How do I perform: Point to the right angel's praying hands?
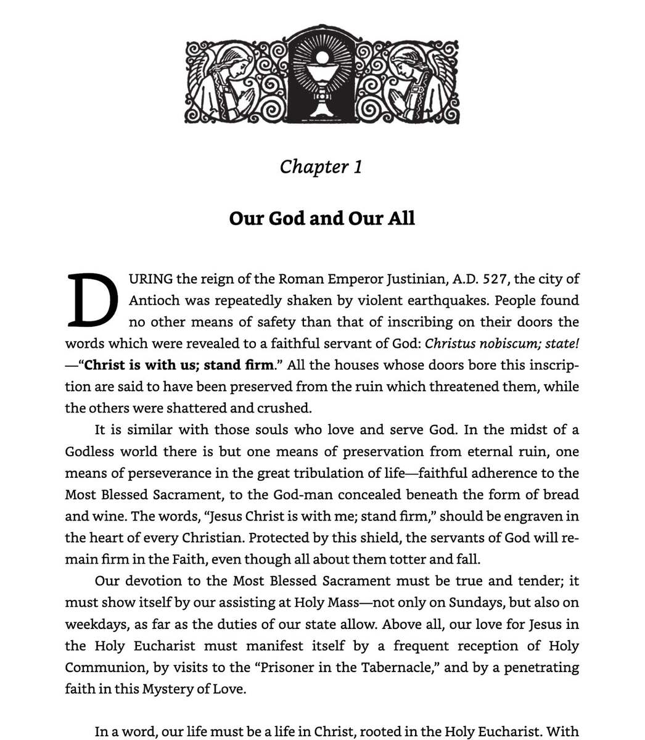(403, 97)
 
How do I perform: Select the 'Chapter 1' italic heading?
(321, 166)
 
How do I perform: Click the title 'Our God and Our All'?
(322, 218)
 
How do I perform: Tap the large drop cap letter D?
(92, 300)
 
